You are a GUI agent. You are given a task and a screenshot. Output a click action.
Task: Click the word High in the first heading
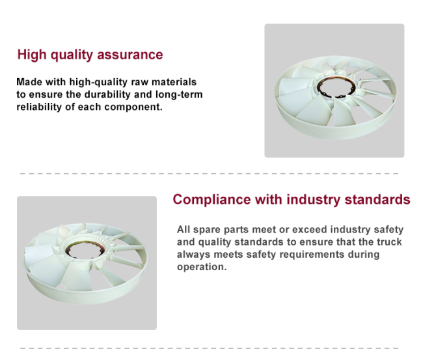click(32, 55)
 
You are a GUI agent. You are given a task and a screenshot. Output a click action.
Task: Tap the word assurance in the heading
click(130, 55)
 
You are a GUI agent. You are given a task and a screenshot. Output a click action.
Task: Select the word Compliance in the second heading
click(211, 200)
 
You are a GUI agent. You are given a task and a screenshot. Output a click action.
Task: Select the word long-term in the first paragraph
click(179, 94)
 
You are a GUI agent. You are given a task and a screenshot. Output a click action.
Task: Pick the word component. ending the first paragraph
click(133, 107)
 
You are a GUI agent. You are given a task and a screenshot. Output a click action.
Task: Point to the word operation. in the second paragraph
click(202, 267)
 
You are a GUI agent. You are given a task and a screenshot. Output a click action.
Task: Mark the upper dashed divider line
click(210, 174)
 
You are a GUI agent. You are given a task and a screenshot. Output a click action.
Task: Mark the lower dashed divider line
click(210, 348)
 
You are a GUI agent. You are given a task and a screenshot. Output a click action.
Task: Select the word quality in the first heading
click(72, 55)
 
